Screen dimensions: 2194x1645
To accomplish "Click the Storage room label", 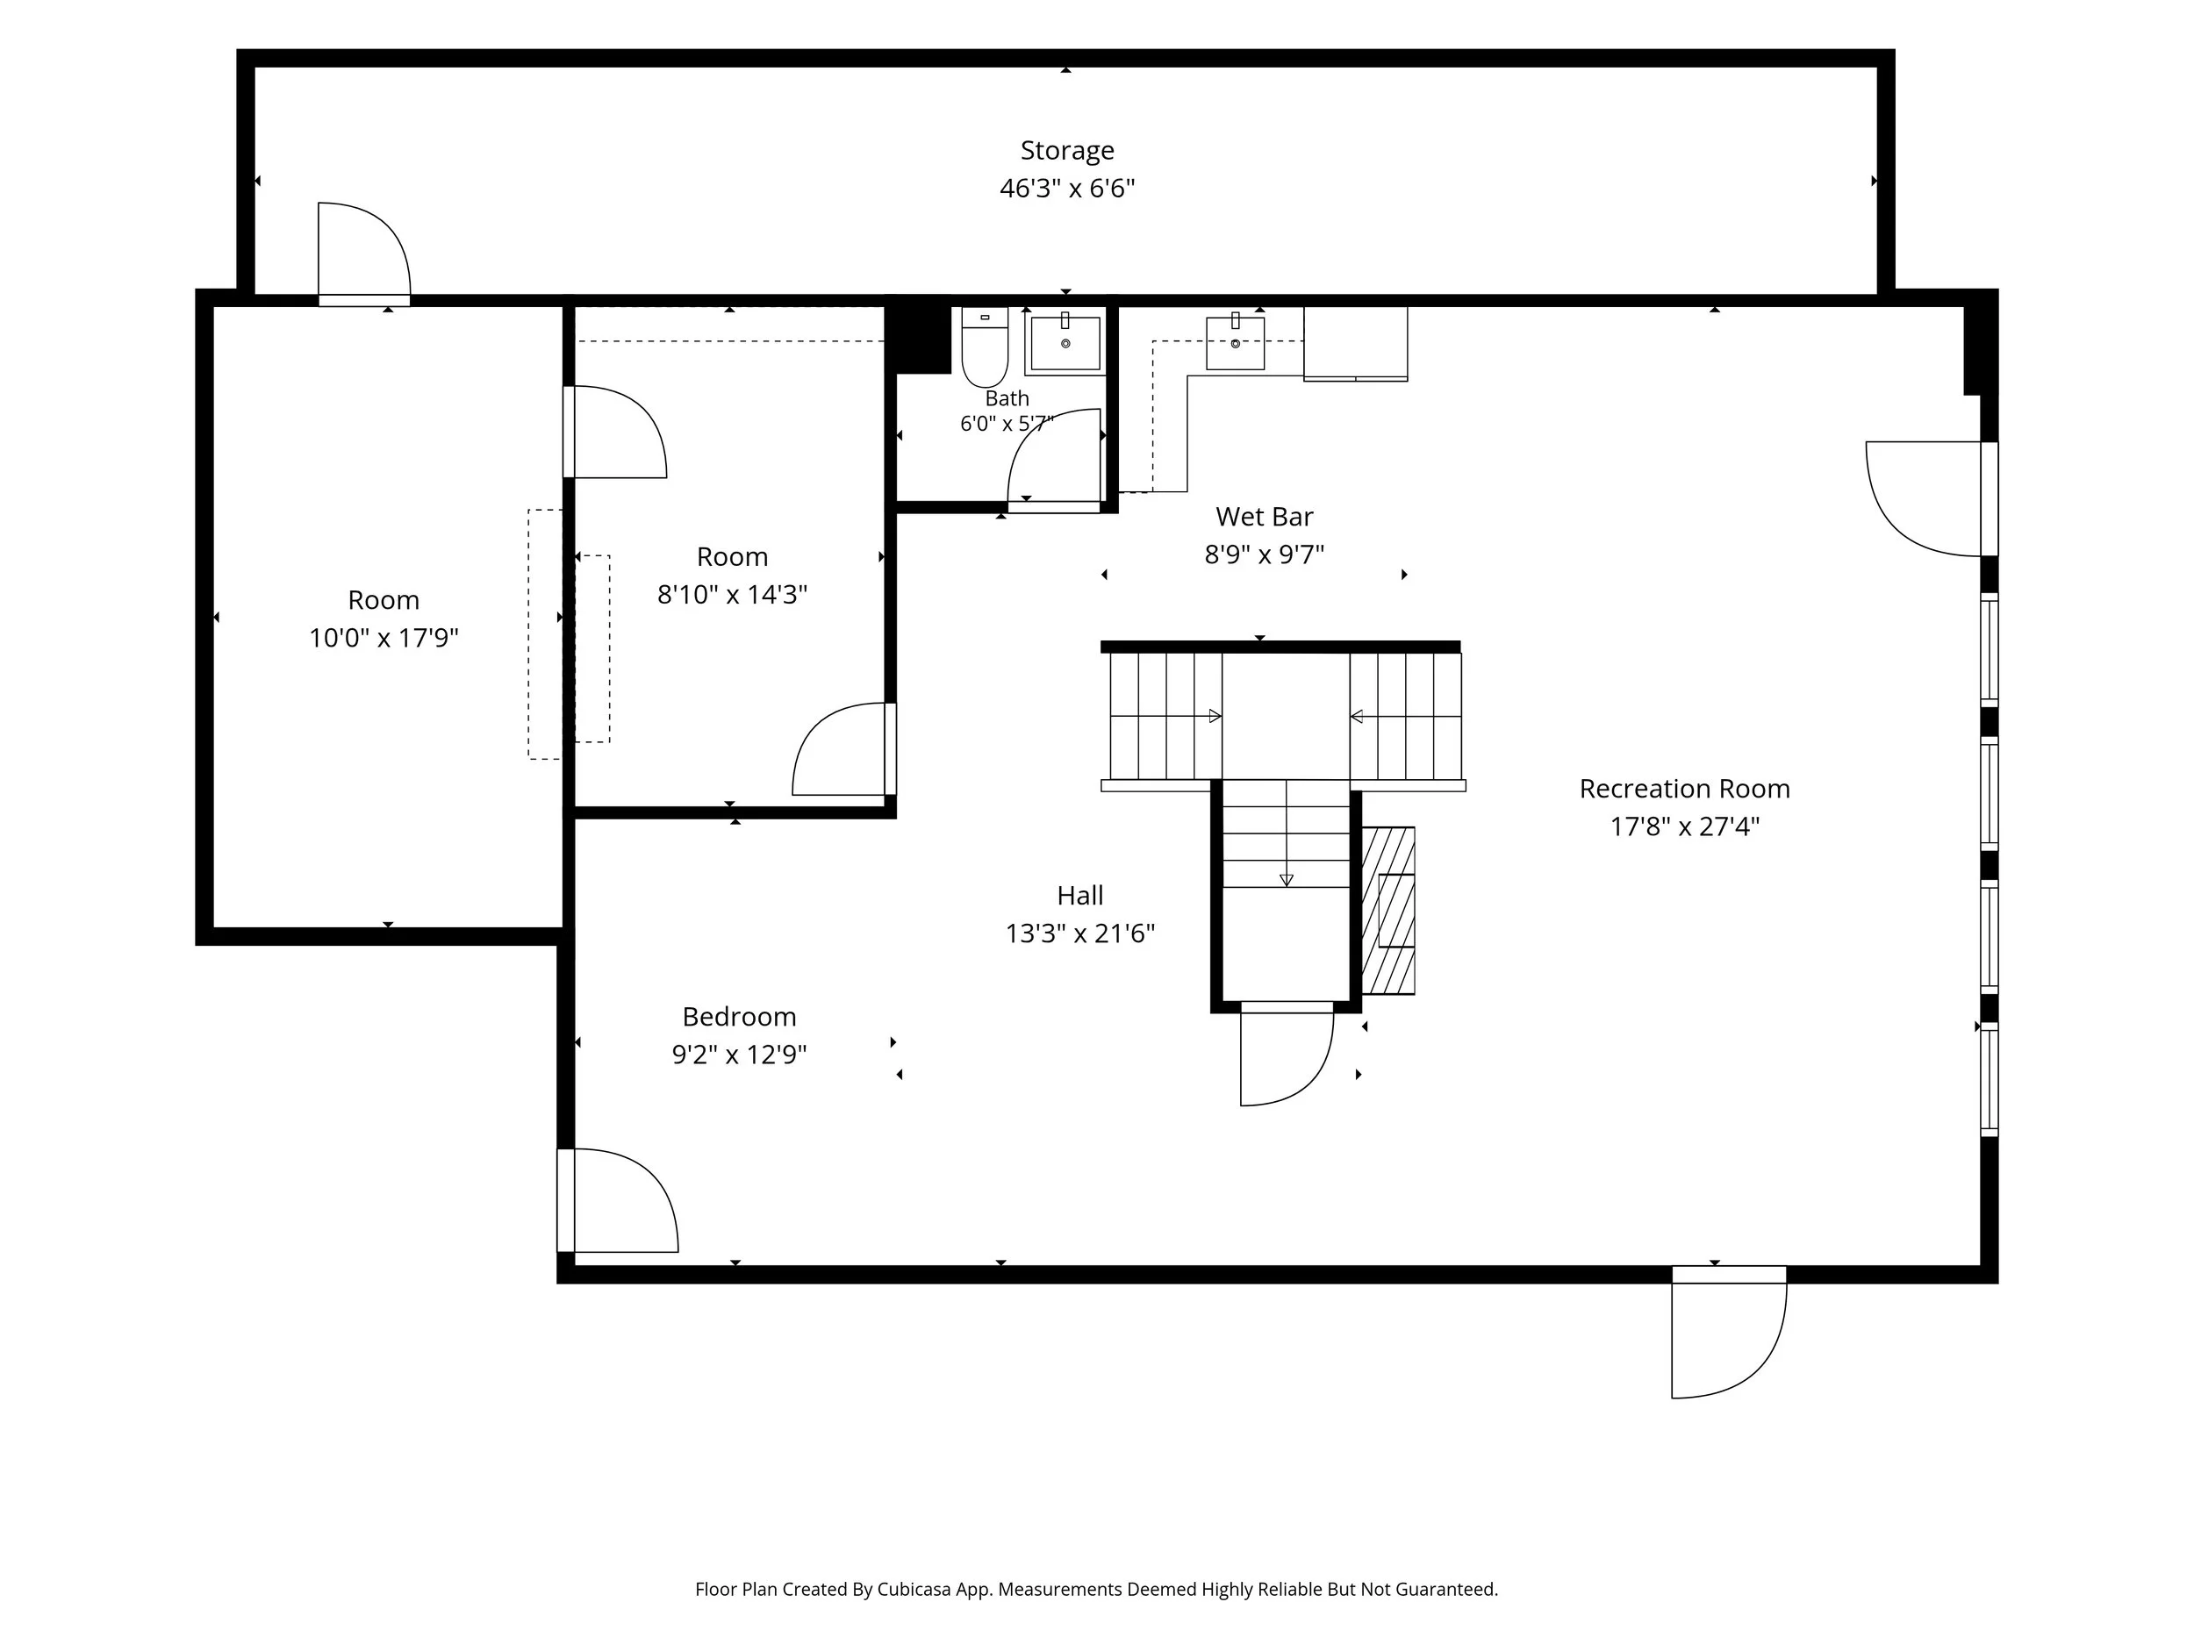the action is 1067,151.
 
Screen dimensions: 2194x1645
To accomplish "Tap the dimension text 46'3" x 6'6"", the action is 1067,189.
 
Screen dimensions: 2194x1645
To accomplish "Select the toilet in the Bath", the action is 985,347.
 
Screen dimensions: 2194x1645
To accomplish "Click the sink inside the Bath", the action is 1065,342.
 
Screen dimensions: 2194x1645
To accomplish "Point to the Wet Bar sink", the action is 1235,342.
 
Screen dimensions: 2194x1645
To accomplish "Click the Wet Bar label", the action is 1265,517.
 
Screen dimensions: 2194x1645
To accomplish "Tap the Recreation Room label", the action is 1684,790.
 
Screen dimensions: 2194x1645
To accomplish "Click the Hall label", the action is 1080,897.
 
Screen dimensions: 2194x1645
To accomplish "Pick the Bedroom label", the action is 739,1018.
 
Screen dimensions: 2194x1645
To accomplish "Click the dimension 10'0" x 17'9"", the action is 384,638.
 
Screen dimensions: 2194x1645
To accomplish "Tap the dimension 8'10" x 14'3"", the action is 732,595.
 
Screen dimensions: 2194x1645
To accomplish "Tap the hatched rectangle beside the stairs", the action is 1388,912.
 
